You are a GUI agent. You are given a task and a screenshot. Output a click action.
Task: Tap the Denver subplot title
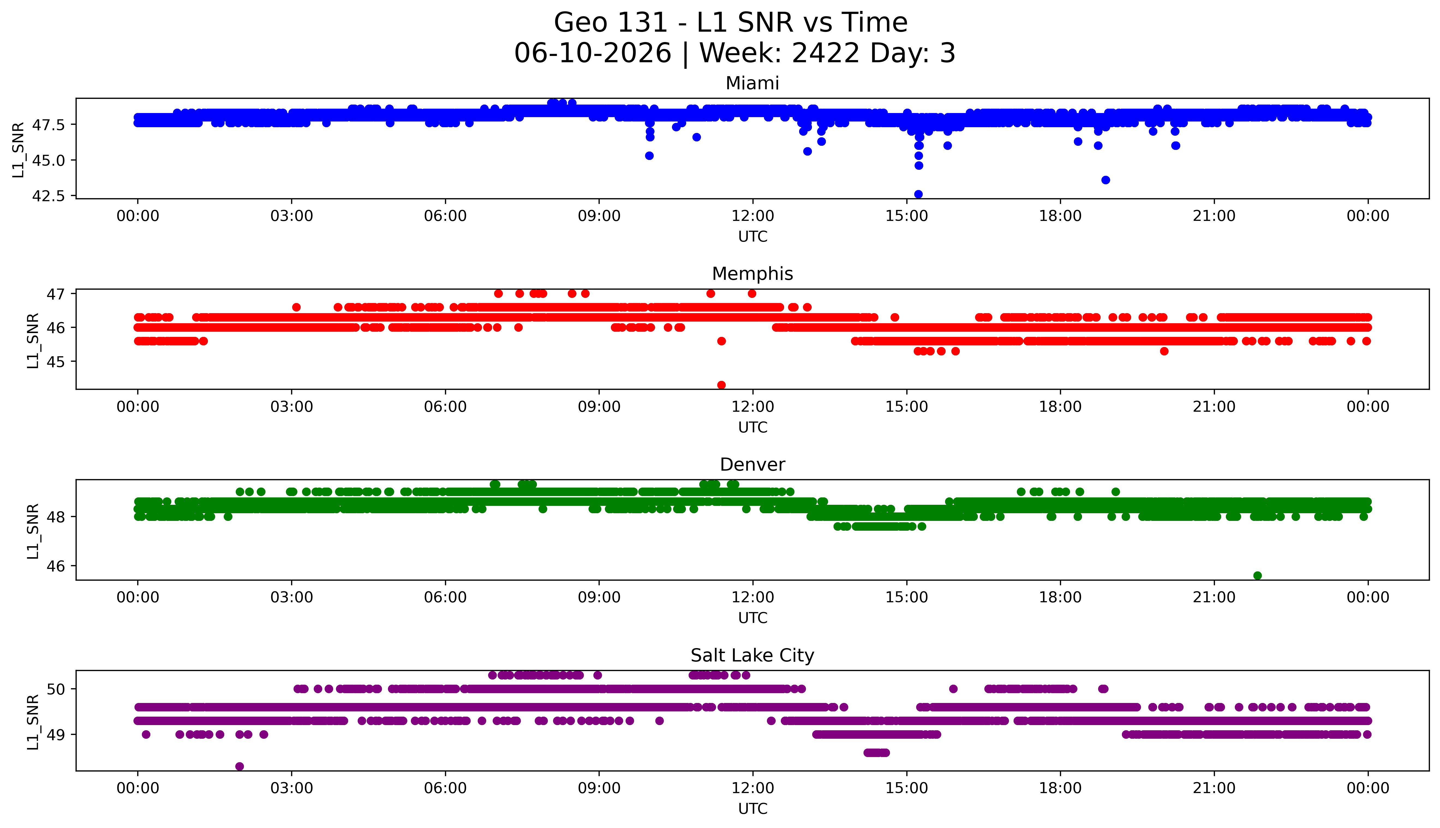click(x=752, y=465)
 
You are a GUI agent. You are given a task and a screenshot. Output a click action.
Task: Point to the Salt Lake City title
click(x=752, y=656)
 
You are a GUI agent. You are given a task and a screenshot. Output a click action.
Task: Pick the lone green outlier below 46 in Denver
click(x=1257, y=575)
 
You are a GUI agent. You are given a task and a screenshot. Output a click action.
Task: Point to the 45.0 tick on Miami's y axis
click(x=48, y=160)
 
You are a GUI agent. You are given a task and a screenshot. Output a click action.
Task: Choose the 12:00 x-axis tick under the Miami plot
click(x=753, y=216)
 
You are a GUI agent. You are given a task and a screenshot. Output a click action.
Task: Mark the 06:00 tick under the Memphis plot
click(x=446, y=406)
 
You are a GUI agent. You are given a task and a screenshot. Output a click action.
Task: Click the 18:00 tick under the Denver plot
click(x=1060, y=597)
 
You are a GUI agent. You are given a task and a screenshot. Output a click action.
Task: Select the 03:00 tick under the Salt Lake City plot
click(x=292, y=788)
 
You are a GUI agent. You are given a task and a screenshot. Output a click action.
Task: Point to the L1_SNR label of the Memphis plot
click(x=33, y=341)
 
